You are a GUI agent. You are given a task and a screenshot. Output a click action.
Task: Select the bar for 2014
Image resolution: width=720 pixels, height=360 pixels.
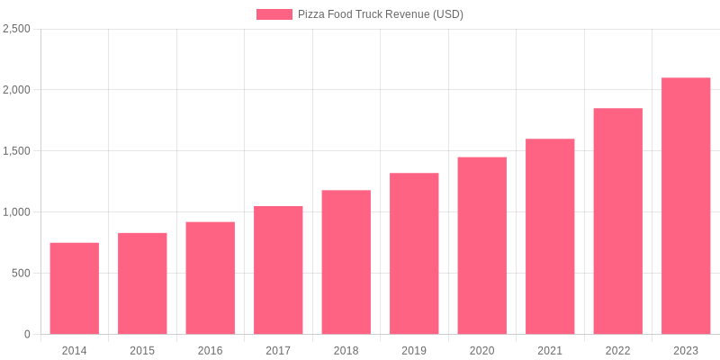click(75, 288)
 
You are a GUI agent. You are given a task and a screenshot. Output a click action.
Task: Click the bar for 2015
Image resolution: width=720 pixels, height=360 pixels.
click(142, 283)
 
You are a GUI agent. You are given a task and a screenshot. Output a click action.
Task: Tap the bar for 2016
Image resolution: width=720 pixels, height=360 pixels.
click(211, 278)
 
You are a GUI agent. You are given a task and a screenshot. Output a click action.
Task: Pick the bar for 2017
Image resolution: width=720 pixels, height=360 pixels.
click(278, 270)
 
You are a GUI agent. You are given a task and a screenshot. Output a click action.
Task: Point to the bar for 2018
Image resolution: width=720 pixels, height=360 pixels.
click(346, 262)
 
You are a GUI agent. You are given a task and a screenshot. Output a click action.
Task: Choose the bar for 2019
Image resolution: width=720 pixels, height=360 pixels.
click(414, 254)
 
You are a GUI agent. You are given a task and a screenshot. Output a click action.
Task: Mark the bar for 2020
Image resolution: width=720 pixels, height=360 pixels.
click(482, 246)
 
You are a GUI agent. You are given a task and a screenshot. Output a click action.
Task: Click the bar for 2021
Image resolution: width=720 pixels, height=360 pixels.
click(550, 237)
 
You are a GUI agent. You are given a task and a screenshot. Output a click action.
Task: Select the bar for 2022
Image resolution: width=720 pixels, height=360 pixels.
click(618, 221)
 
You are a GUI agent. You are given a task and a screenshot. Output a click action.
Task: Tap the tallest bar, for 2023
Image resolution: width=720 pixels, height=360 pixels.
click(686, 206)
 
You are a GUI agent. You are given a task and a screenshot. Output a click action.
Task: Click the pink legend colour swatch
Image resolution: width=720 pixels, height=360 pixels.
click(274, 14)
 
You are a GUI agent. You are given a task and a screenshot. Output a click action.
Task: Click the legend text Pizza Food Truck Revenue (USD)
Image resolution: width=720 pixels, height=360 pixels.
click(381, 14)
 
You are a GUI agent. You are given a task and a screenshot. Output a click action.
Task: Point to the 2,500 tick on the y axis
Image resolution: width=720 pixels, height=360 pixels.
click(16, 29)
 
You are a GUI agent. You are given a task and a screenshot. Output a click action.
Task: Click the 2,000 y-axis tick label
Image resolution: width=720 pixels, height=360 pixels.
click(16, 90)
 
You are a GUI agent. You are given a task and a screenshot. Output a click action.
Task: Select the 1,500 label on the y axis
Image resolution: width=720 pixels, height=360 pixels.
click(16, 151)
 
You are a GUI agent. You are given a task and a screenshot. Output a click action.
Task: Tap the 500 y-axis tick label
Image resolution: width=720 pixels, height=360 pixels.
click(21, 274)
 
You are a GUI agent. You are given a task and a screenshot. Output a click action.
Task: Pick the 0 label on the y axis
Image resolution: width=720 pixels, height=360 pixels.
click(27, 335)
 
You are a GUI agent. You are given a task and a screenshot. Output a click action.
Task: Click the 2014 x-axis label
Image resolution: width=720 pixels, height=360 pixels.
click(75, 350)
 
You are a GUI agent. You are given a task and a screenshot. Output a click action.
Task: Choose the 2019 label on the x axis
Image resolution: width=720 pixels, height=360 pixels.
click(414, 350)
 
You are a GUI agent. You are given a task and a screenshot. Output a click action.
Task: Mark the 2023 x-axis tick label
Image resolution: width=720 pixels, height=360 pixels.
click(686, 350)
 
